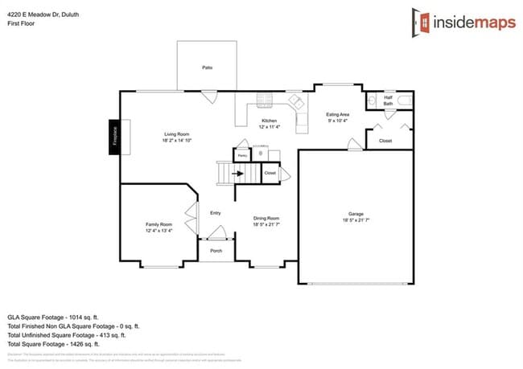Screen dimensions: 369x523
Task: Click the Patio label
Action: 207,68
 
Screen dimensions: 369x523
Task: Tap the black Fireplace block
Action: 114,136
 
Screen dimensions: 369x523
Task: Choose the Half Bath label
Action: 388,100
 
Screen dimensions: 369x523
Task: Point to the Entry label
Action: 215,213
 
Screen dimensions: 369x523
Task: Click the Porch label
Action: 216,251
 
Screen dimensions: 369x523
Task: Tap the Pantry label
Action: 241,156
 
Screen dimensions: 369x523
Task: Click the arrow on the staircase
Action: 239,172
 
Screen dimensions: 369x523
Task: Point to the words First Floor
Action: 21,23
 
